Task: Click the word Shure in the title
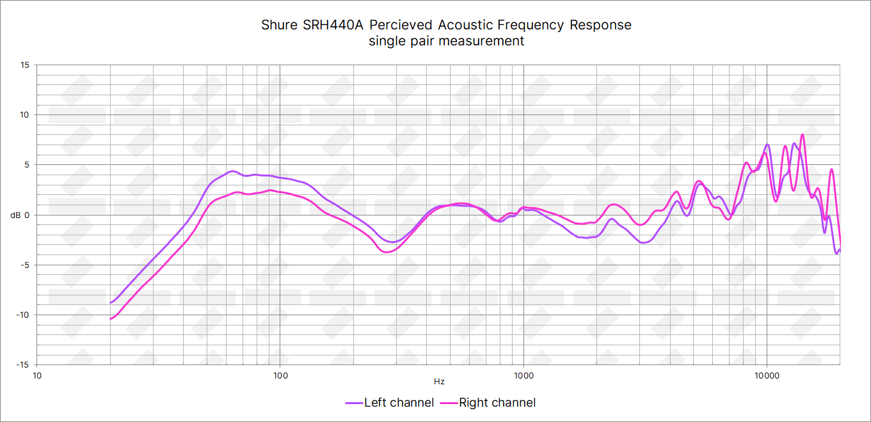tap(280, 25)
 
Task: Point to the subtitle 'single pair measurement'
tap(446, 41)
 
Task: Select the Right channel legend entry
tap(497, 402)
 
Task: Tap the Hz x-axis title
tap(439, 382)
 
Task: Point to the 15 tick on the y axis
tap(25, 65)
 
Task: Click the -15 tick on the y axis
tap(22, 364)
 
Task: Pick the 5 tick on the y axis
tap(27, 165)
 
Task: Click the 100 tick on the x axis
tap(280, 375)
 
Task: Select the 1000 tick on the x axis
tap(523, 375)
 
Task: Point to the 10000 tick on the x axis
tap(767, 375)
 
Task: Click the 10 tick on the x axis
tap(37, 375)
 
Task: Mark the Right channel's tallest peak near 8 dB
tap(803, 135)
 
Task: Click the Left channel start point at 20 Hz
tap(111, 302)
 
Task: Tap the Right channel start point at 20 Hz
tap(111, 318)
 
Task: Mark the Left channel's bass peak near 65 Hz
tap(233, 171)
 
